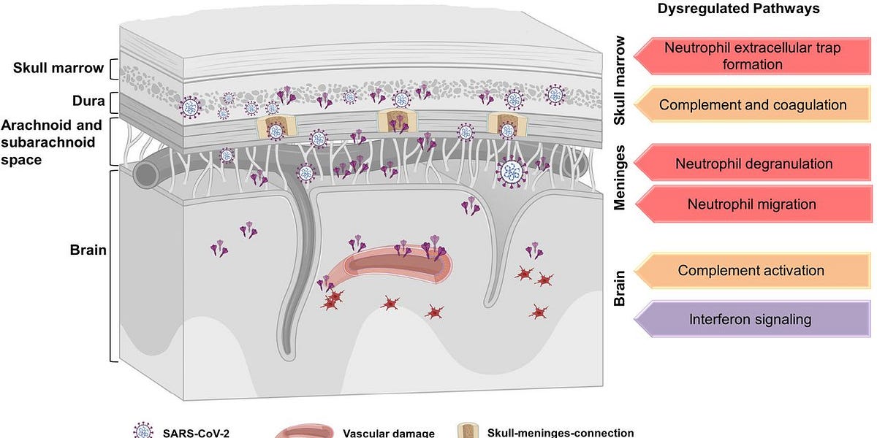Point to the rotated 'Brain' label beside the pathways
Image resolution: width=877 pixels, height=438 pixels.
(620, 288)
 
